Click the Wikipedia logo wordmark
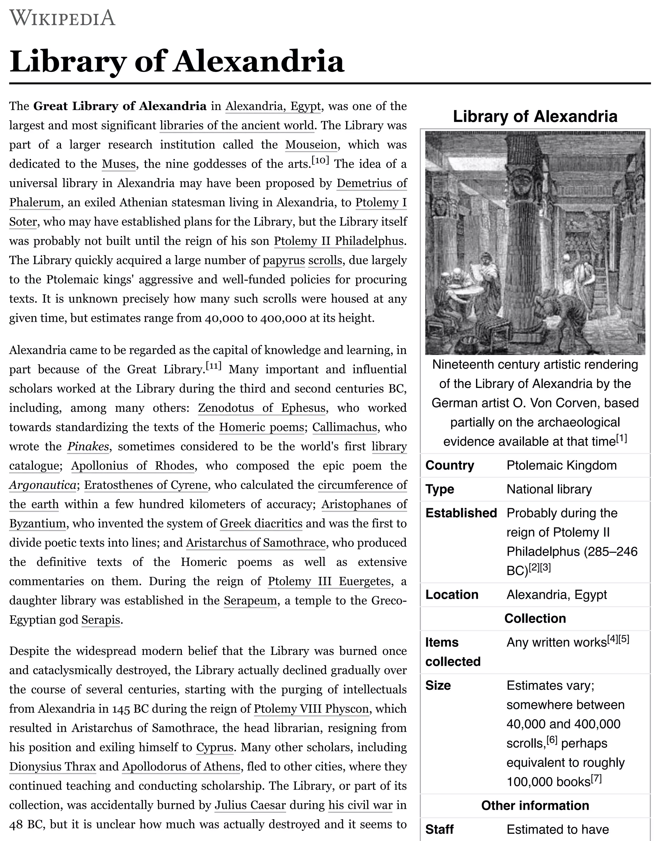(62, 18)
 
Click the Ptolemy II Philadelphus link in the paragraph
(338, 241)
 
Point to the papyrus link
(284, 260)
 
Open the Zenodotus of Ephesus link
(262, 408)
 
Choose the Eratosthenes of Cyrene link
(146, 485)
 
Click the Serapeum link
(250, 600)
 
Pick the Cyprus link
(214, 747)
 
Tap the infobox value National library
(549, 489)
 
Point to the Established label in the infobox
(461, 513)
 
